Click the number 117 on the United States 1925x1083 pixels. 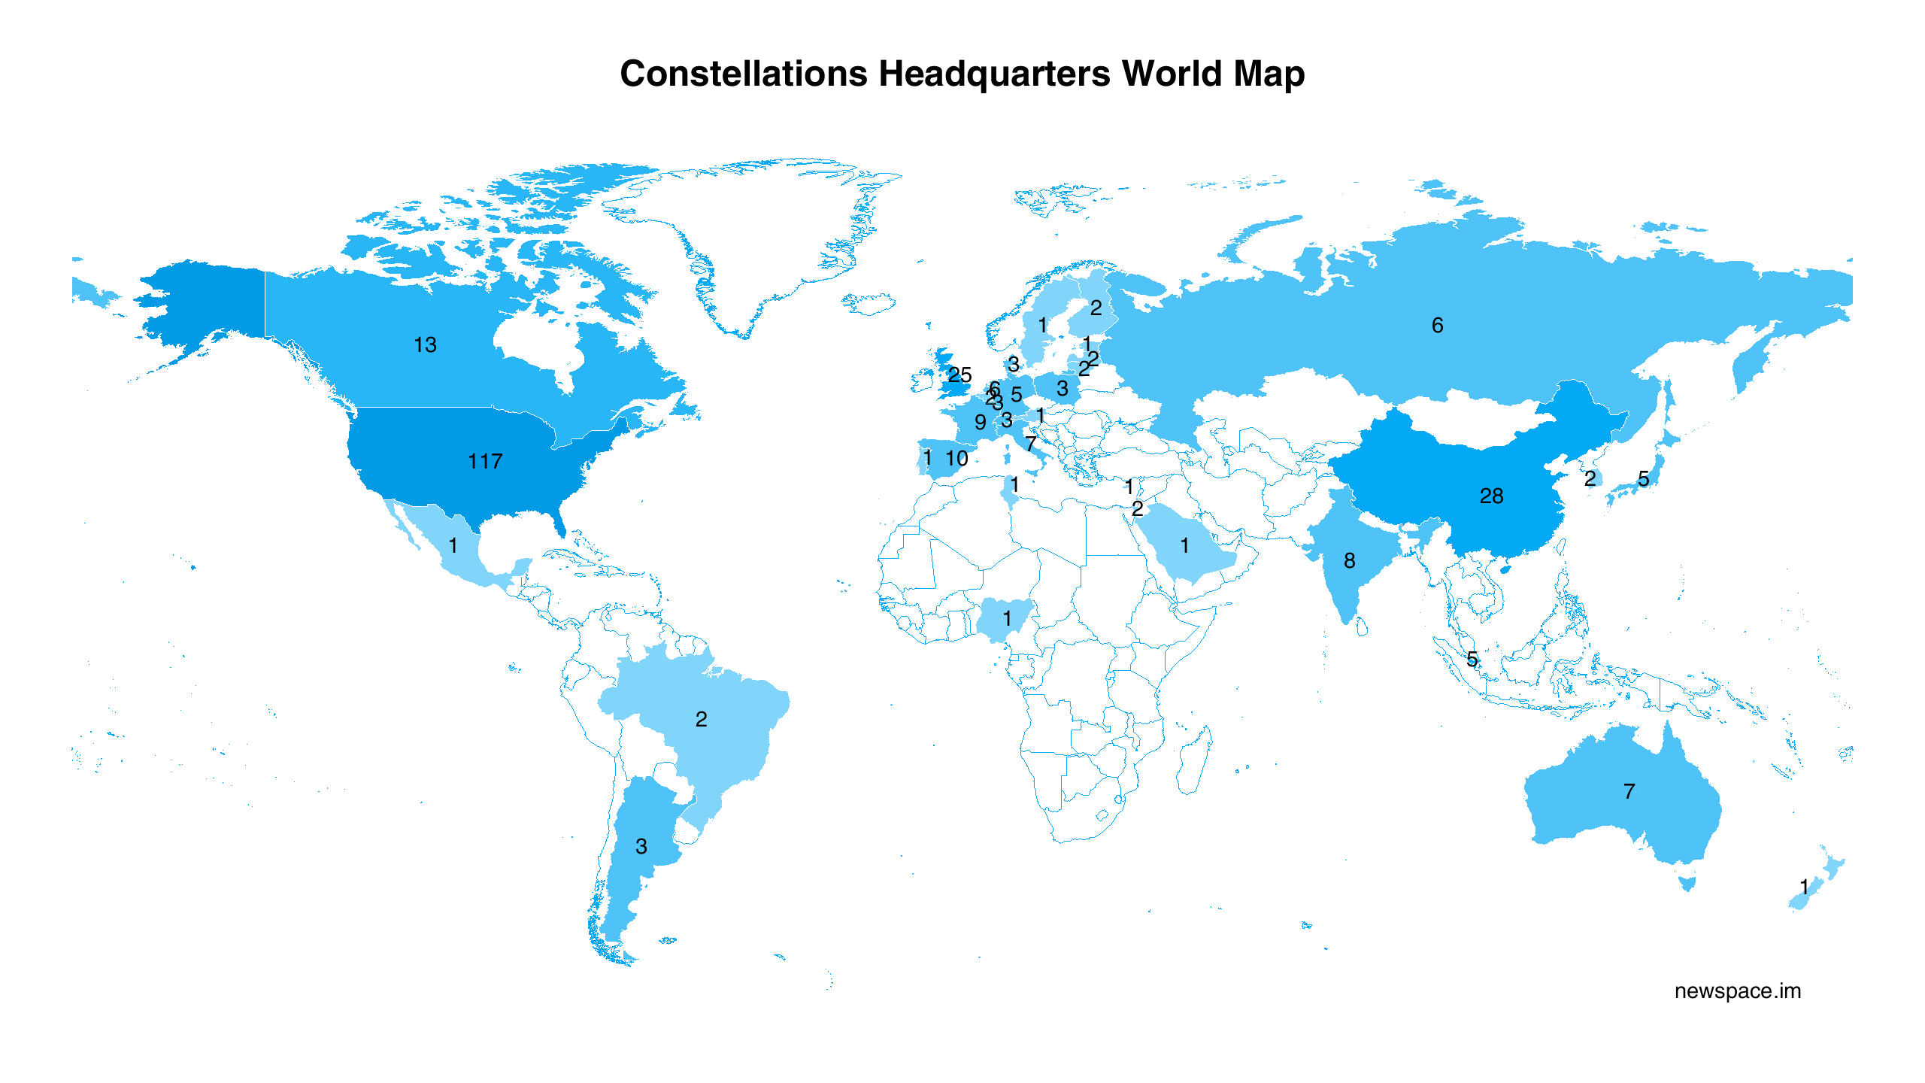[485, 462]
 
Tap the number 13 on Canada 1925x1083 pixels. [425, 345]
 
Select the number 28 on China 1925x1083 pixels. [1491, 496]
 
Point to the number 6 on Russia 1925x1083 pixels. [1437, 326]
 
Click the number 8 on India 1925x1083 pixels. [1350, 561]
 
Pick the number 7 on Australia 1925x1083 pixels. [1629, 792]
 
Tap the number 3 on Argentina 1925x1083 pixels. [641, 847]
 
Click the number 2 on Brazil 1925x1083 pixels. [701, 720]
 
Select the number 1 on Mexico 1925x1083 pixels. [453, 546]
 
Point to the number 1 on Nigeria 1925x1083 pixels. [1007, 619]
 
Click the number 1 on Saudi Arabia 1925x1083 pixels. [1184, 546]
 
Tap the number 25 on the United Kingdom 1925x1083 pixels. [959, 375]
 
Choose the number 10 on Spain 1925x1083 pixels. [956, 459]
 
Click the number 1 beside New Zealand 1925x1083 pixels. [1804, 887]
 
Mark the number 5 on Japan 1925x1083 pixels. [1644, 479]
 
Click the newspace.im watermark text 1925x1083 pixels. [1737, 991]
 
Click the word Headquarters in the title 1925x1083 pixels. [994, 74]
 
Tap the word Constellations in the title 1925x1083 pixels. [744, 74]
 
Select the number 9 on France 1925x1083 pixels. [980, 423]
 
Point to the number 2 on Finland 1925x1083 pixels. [1096, 308]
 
